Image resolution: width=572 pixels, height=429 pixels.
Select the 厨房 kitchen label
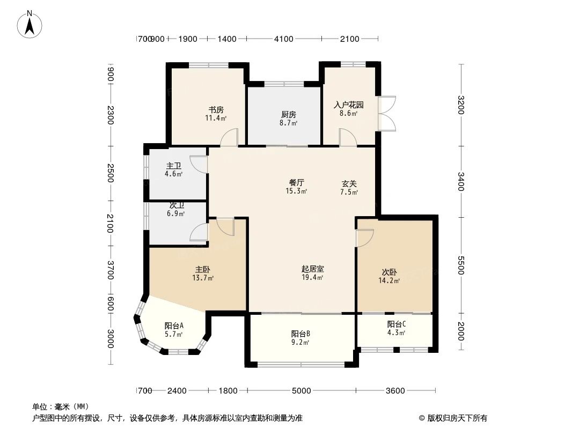coord(288,114)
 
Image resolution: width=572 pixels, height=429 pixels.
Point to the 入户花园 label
coord(349,105)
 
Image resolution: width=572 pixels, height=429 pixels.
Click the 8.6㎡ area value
coord(349,114)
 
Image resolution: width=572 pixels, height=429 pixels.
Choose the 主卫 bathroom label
coord(174,166)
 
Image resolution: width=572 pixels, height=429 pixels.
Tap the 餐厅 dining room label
coord(297,182)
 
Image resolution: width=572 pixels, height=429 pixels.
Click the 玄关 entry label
coord(349,183)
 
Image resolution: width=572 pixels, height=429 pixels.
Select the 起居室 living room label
coord(312,269)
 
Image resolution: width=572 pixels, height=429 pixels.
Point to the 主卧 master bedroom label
coord(203,269)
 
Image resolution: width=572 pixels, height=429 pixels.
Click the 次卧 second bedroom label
coord(390,272)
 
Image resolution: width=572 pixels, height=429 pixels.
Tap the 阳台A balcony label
coord(174,326)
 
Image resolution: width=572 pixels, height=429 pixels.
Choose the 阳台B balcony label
coord(300,334)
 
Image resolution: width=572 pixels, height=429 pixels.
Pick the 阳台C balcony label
coord(396,324)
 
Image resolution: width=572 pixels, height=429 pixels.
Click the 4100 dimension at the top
coord(284,39)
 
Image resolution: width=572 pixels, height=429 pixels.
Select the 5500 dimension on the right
coord(461,265)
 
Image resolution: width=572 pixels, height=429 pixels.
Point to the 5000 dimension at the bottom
coord(302,390)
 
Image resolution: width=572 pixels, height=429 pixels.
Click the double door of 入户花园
coord(386,113)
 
